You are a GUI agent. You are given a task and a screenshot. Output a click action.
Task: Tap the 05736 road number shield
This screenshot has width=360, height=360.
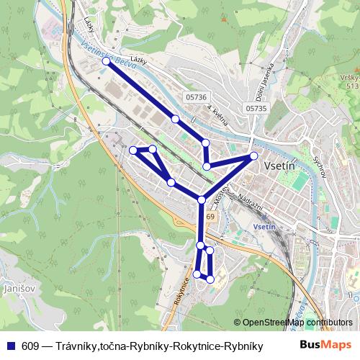[x=195, y=97]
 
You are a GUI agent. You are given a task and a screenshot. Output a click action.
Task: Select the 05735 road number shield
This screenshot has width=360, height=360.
[x=256, y=108]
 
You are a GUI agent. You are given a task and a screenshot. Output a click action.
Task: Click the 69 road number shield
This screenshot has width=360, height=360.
[x=210, y=216]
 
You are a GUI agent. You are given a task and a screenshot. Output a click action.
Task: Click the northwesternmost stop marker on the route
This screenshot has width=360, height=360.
[x=106, y=61]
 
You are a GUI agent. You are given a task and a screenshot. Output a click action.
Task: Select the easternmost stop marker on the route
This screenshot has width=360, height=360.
[x=253, y=156]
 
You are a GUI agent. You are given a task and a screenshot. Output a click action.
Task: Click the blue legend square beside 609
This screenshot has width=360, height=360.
[x=10, y=346]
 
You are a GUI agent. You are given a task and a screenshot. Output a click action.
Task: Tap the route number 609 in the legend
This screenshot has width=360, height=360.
[x=30, y=346]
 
